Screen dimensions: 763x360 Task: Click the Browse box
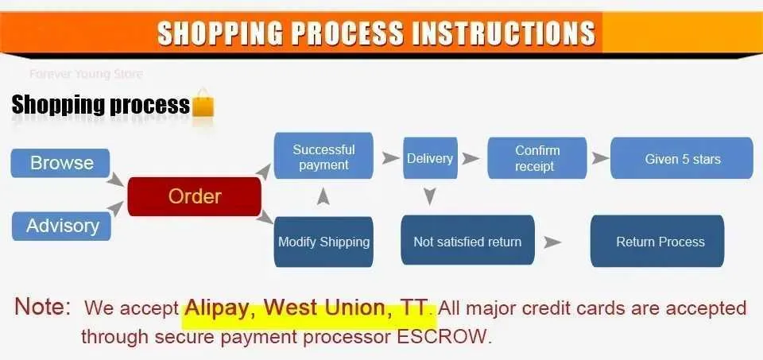[x=60, y=163]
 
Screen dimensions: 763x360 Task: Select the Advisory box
[x=61, y=226]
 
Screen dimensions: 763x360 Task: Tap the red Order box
[x=194, y=196]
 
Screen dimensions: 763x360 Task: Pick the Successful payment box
[x=323, y=156]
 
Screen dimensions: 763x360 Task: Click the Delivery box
[x=430, y=158]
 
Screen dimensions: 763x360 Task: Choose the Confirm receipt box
[x=536, y=158]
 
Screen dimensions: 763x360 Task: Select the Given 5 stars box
[x=682, y=158]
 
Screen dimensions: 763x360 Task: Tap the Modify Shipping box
[x=323, y=242]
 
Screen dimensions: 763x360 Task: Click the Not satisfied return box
[x=467, y=241]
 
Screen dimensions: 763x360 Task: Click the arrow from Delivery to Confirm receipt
[x=471, y=158]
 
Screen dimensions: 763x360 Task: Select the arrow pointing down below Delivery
[x=429, y=196]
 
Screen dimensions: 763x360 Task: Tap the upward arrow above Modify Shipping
[x=323, y=195]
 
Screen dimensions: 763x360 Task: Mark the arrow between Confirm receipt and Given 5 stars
[x=601, y=158]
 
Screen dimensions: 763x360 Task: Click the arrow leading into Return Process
[x=553, y=242]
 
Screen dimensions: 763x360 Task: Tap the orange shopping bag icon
[x=203, y=103]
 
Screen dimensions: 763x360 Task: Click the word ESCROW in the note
[x=441, y=336]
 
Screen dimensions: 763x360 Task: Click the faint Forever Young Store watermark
[x=86, y=75]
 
